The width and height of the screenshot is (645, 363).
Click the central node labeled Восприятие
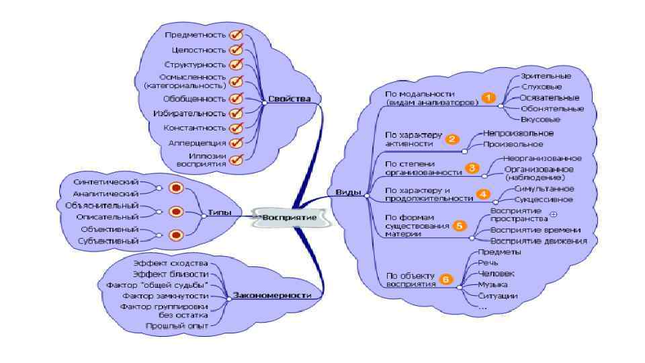288,217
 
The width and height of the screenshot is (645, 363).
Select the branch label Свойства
290,99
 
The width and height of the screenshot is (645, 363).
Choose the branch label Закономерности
271,294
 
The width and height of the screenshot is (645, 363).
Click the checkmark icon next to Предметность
236,34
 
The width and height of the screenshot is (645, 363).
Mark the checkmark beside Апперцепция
236,143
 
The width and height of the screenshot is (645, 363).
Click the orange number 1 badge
488,98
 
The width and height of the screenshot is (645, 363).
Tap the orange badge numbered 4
483,194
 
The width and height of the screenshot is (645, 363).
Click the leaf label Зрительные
546,76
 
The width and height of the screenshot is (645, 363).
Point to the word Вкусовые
541,119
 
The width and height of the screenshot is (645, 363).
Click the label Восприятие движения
539,241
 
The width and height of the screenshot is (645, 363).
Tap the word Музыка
492,285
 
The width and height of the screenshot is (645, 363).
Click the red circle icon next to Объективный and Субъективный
177,235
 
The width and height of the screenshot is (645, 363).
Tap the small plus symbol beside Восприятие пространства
553,214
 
